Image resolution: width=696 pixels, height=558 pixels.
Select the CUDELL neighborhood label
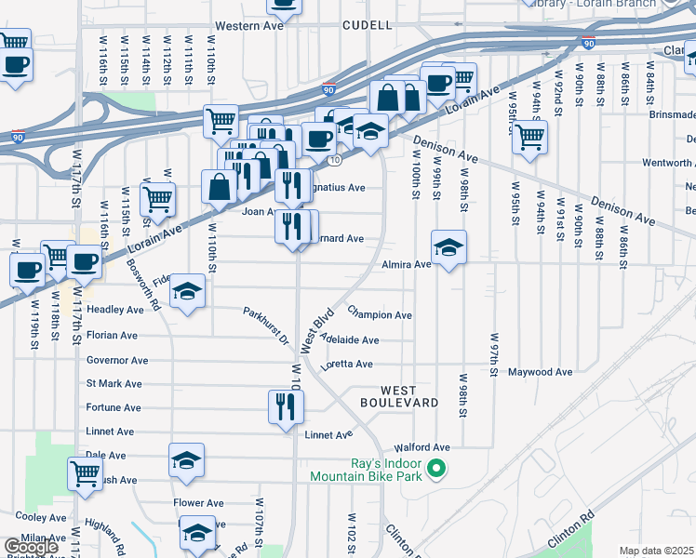367,25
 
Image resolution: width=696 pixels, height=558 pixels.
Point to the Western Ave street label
248,26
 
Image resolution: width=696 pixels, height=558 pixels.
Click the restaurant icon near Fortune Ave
286,406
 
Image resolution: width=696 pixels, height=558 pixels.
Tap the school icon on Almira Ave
448,247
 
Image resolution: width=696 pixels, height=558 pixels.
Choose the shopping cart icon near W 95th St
529,138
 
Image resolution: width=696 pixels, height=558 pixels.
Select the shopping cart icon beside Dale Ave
86,473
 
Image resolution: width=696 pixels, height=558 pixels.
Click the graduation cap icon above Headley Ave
187,293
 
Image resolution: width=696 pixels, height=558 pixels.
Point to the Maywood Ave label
541,372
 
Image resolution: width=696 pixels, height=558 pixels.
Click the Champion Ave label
380,315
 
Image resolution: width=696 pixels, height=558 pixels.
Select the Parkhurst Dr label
267,325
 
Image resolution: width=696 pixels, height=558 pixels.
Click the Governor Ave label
117,360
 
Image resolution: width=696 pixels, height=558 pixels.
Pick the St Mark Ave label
114,383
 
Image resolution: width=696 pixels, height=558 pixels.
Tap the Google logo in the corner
31,547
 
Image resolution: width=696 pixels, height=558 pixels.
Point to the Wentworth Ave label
667,163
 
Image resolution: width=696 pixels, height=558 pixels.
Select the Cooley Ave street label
37,516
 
